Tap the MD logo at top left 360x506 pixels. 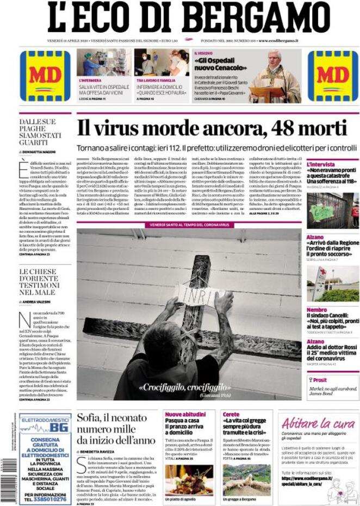pyautogui.click(x=45, y=76)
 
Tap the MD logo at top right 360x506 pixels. pyautogui.click(x=333, y=76)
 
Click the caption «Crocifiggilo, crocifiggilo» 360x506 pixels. pyautogui.click(x=184, y=387)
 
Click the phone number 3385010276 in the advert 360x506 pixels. pyautogui.click(x=45, y=498)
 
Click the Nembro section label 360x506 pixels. pyautogui.click(x=316, y=309)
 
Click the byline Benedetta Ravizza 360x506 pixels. pyautogui.click(x=98, y=452)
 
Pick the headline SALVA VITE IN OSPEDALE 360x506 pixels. pyautogui.click(x=103, y=87)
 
